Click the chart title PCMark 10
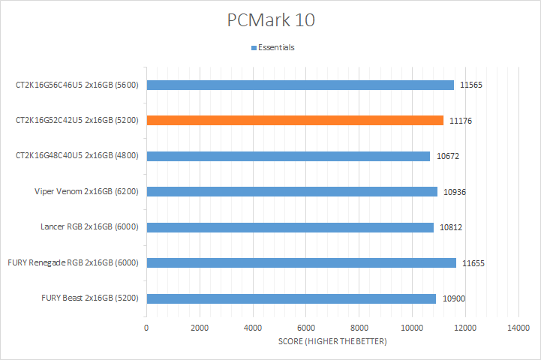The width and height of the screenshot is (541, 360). click(271, 20)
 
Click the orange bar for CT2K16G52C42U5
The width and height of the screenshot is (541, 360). click(295, 120)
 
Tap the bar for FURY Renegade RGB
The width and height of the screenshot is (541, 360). click(301, 262)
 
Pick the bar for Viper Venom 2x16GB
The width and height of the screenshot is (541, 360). click(292, 191)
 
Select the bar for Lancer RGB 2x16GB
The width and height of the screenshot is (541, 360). click(290, 227)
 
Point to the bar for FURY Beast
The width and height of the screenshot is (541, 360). click(291, 298)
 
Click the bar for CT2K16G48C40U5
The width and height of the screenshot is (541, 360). click(288, 156)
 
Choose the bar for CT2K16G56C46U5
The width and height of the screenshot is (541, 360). click(300, 85)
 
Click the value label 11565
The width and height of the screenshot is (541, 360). click(470, 85)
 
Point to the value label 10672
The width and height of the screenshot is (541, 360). click(447, 156)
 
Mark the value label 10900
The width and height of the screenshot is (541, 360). click(453, 298)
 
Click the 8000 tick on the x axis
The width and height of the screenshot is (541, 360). click(359, 328)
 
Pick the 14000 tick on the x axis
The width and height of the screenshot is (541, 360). click(518, 328)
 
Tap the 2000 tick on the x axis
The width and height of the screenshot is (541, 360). click(200, 328)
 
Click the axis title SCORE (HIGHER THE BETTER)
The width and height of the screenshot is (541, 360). click(332, 342)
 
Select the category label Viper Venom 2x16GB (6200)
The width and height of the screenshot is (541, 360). click(91, 191)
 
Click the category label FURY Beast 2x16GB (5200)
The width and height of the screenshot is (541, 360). click(94, 298)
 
